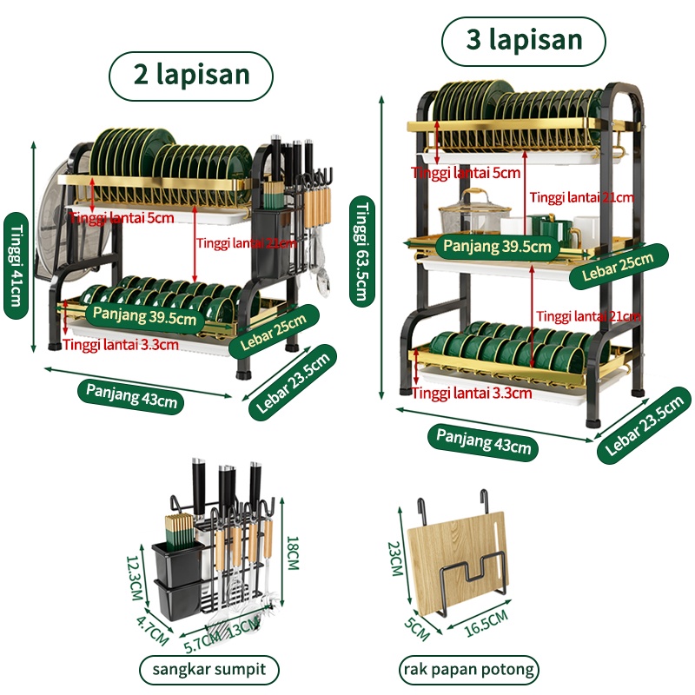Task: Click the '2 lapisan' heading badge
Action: coord(191,76)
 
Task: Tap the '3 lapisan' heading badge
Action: coord(524,41)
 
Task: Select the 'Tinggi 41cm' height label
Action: coord(16,266)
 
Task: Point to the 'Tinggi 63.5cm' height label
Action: coord(362,251)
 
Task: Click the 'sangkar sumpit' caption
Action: coord(209,669)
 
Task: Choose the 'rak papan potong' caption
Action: coord(469,669)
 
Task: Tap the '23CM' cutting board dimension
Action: coord(394,559)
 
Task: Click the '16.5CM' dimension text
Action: coord(486,623)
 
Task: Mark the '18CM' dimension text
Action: coord(294,553)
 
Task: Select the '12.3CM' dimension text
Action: coord(135,579)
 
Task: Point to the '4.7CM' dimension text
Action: coord(153,630)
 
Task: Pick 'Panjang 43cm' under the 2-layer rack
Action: coord(132,396)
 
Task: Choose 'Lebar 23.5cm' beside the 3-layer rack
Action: coord(644,426)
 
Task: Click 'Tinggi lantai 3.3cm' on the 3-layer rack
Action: coord(472,393)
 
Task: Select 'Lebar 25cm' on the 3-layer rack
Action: coord(618,267)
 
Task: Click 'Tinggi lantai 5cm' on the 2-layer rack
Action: coord(121,218)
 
